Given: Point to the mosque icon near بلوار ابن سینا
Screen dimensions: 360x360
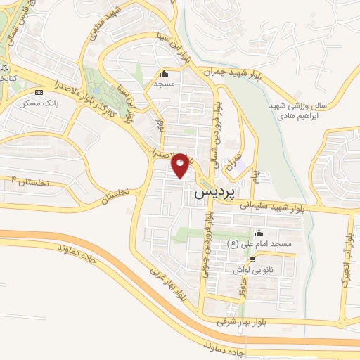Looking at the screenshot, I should [x=165, y=73].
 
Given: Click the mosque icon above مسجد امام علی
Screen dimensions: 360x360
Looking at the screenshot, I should [x=259, y=233].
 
